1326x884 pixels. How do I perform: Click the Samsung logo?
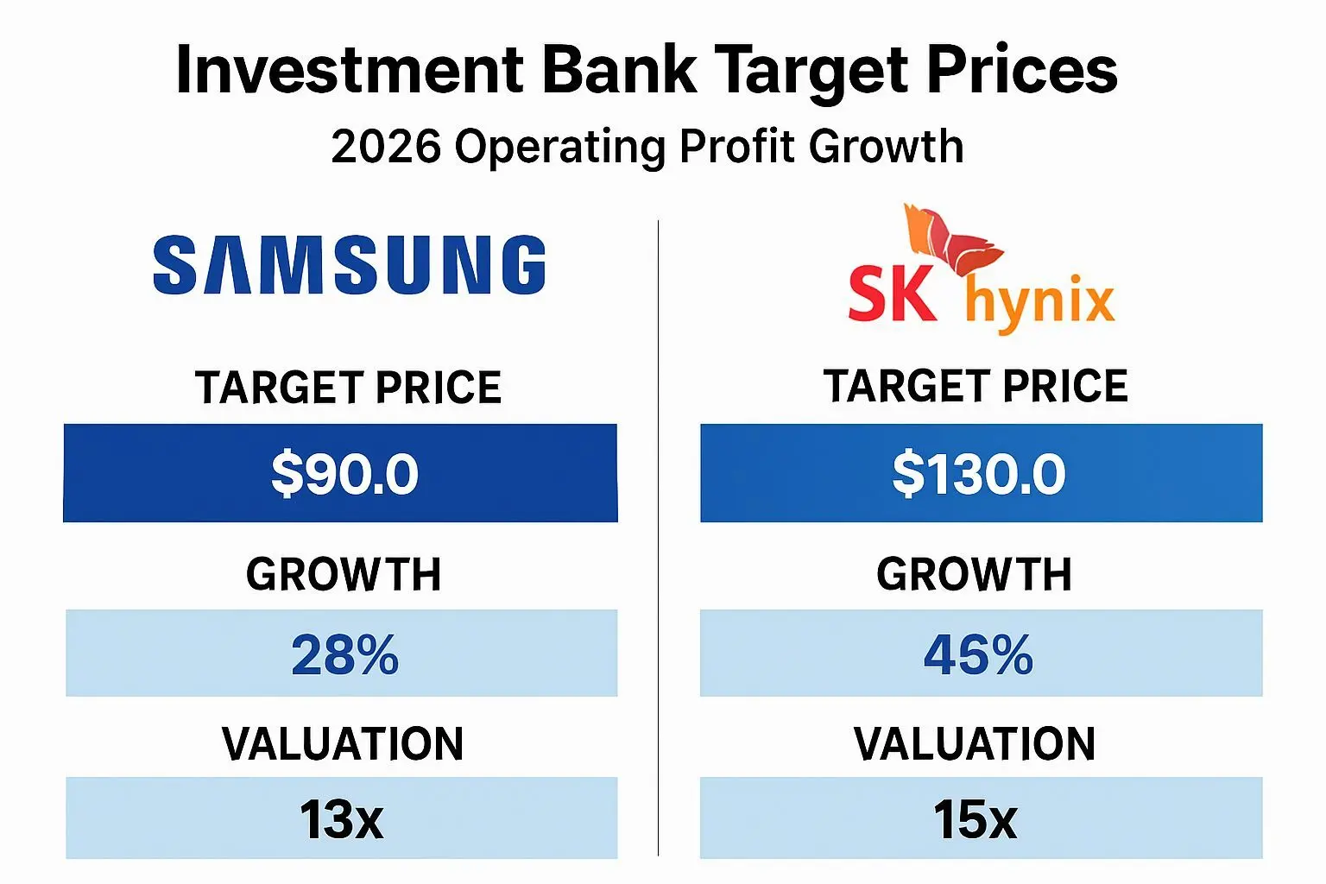[350, 265]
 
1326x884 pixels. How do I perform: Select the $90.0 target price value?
[344, 474]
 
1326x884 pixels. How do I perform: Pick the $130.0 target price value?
[978, 474]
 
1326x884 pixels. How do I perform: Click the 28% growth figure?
[345, 655]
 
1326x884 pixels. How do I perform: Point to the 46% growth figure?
[978, 655]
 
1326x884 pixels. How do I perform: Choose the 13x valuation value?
[342, 819]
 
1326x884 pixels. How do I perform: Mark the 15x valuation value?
[975, 819]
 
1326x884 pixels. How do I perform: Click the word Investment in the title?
[350, 69]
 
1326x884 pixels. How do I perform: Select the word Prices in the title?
[1021, 69]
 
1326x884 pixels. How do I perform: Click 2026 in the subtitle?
[386, 146]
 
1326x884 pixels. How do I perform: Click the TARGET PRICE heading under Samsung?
[348, 388]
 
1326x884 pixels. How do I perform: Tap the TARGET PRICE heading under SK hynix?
[976, 386]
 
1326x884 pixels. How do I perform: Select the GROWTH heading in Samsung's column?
[344, 574]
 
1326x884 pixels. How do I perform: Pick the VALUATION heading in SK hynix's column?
[975, 743]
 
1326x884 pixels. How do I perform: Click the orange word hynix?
[1040, 302]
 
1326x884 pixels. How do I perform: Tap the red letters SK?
[893, 294]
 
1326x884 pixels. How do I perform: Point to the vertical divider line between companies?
[659, 538]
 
